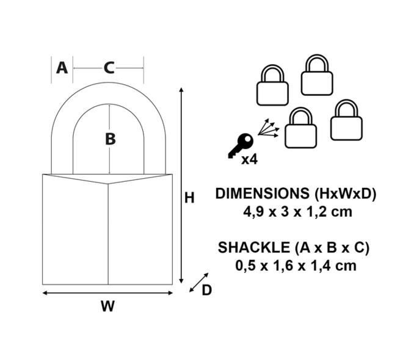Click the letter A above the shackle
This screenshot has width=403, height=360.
tap(62, 68)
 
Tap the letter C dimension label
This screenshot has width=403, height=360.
tap(109, 68)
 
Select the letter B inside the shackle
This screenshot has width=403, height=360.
tap(111, 139)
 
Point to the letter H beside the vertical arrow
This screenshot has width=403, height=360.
tap(189, 198)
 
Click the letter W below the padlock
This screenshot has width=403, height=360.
tap(107, 306)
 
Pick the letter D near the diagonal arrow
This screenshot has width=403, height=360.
tap(206, 290)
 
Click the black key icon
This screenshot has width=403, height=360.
tap(241, 146)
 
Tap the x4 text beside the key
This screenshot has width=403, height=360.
tap(249, 160)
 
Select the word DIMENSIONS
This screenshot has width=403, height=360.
tap(262, 193)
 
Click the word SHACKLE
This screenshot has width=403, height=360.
tap(253, 248)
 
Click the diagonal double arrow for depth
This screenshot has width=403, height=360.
tap(199, 282)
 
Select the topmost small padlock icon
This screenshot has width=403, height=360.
tap(317, 74)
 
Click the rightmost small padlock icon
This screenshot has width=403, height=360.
tap(346, 120)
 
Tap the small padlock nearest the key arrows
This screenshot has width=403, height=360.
tap(300, 128)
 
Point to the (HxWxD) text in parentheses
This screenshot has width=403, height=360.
tap(346, 193)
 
